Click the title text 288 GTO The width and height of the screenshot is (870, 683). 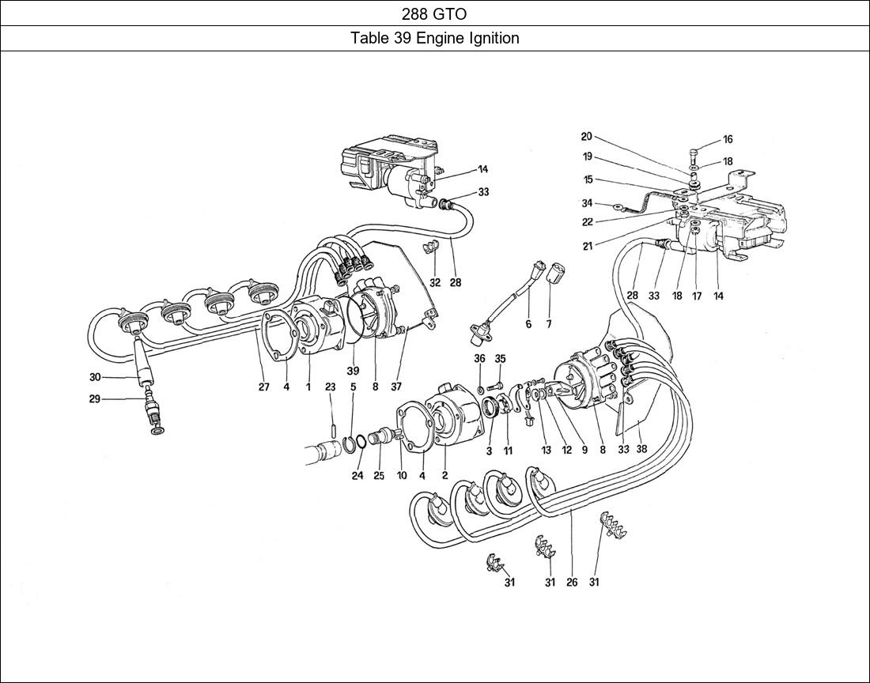click(434, 13)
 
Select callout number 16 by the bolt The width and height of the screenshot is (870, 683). click(728, 140)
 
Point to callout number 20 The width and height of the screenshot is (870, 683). click(586, 136)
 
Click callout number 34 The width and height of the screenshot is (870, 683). click(587, 203)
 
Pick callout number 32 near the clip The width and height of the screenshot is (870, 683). click(435, 282)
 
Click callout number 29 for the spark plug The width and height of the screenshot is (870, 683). click(94, 399)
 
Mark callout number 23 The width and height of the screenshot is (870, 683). click(330, 387)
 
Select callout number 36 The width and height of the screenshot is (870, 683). click(479, 359)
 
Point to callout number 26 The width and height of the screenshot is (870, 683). click(572, 583)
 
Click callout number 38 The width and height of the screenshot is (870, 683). click(641, 448)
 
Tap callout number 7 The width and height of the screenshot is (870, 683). click(549, 323)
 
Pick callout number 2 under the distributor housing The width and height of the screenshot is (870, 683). click(444, 475)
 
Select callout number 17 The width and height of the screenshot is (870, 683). click(697, 296)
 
